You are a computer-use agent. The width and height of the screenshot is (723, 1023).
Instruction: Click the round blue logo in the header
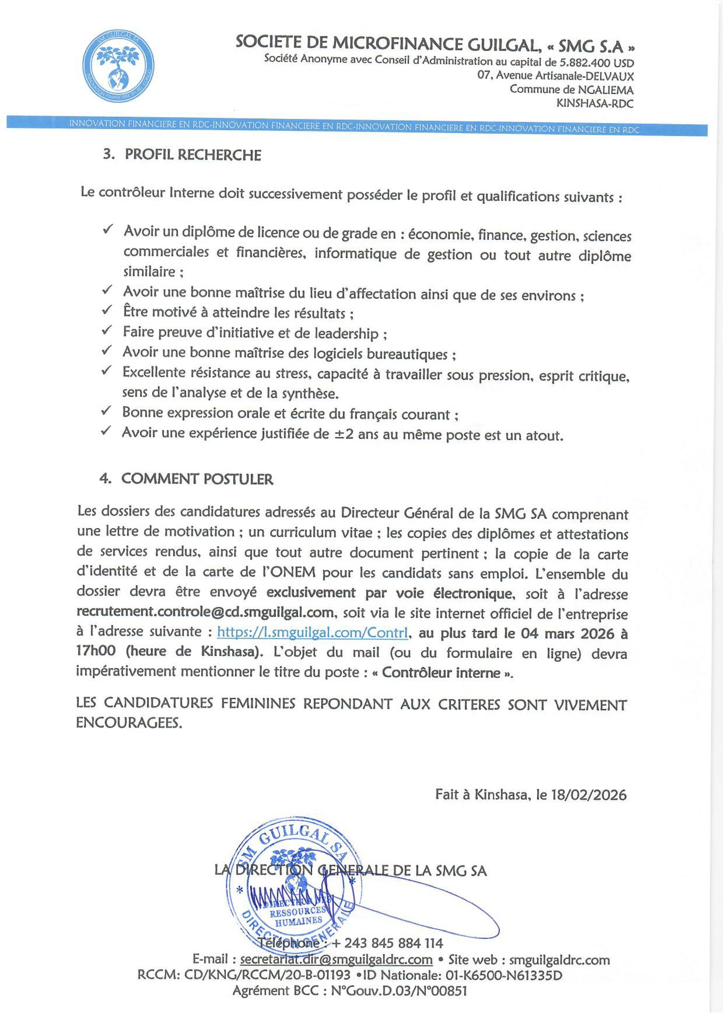119,64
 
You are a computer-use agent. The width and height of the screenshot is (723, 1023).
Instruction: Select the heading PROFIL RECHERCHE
192,155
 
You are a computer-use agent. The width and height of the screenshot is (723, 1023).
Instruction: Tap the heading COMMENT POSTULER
197,479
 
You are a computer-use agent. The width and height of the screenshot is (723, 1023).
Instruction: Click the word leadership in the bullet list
346,334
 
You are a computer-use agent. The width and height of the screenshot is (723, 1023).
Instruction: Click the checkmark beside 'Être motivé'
106,310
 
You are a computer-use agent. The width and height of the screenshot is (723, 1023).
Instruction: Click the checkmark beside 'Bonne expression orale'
106,410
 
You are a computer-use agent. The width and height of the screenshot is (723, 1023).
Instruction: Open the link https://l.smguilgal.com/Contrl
313,632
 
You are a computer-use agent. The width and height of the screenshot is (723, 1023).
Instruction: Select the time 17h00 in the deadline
96,651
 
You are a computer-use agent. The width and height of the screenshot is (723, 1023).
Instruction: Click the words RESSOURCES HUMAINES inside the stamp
298,916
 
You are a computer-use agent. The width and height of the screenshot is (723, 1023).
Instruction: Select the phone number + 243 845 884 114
387,944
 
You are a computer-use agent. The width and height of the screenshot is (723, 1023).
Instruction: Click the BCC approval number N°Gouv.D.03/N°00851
399,991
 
